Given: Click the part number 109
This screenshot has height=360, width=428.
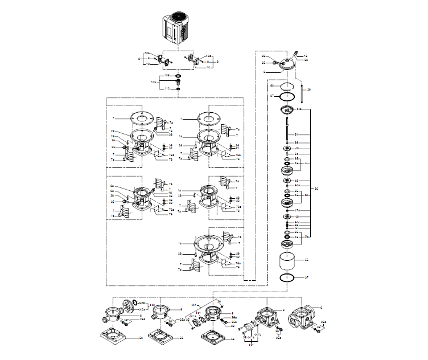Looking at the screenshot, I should pos(167,75).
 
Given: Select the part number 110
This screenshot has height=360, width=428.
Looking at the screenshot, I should pos(167,89).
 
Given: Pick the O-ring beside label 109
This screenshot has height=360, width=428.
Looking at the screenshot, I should pos(179,75).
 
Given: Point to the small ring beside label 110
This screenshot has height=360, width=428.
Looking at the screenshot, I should pos(179,89).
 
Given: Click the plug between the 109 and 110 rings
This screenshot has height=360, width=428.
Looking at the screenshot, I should pos(179,82).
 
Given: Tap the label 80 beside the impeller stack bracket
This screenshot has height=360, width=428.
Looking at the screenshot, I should pos(316,188).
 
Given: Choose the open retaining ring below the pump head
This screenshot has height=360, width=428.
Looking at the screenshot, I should pos(288,87).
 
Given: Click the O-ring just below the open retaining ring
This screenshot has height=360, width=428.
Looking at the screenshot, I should pos(288,97).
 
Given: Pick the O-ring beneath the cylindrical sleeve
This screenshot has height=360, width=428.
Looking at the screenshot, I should pos(288,277).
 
